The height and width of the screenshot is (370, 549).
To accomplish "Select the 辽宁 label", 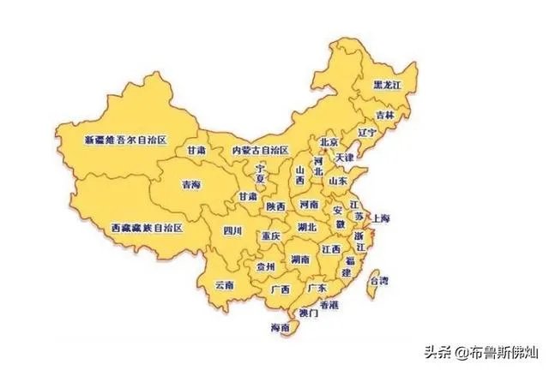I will click(x=366, y=133).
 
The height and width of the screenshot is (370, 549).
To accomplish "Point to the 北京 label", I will click(x=328, y=142).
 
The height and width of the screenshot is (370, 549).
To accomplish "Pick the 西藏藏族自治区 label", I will click(x=148, y=229).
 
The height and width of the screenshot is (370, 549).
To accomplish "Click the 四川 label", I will click(x=232, y=231).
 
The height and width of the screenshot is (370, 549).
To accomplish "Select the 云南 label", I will click(x=225, y=284).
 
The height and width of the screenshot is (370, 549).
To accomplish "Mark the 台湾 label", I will click(x=377, y=280).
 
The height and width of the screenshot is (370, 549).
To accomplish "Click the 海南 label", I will click(x=280, y=328).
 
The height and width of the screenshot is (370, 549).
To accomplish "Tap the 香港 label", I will click(x=329, y=305).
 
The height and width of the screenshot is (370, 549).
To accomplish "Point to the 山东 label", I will click(x=337, y=182).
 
